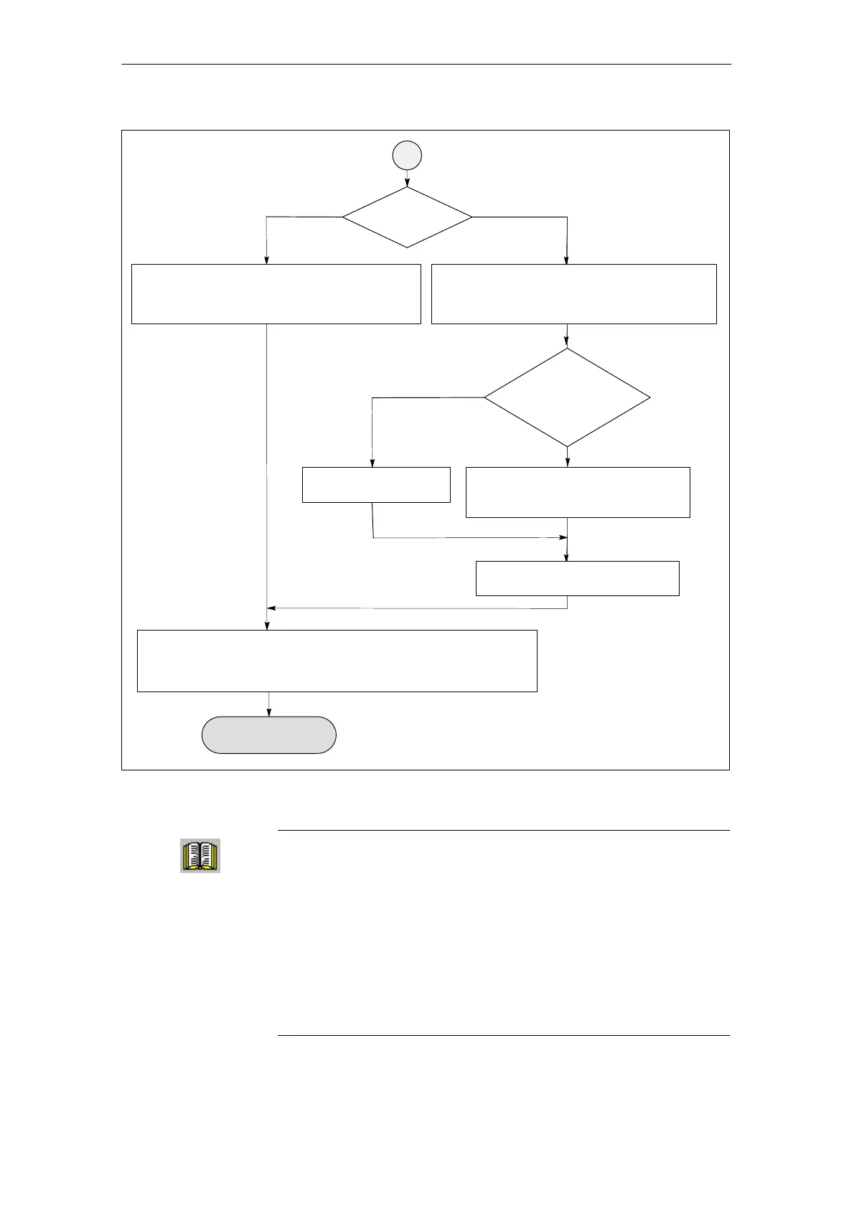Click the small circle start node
pyautogui.click(x=407, y=155)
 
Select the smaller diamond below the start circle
pyautogui.click(x=407, y=217)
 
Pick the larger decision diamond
pyautogui.click(x=567, y=397)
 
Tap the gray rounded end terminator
pyautogui.click(x=268, y=735)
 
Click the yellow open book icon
pyautogui.click(x=200, y=856)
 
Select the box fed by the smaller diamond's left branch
pyautogui.click(x=276, y=294)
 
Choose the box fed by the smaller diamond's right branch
pyautogui.click(x=573, y=294)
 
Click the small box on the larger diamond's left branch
pyautogui.click(x=376, y=485)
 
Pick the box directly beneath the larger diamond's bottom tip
pyautogui.click(x=578, y=492)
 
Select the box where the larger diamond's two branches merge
pyautogui.click(x=577, y=578)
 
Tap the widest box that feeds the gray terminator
pyautogui.click(x=337, y=661)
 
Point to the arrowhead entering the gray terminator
pyautogui.click(x=269, y=712)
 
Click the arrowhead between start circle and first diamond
pyautogui.click(x=407, y=184)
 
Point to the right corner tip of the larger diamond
pyautogui.click(x=649, y=397)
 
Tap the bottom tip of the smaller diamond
pyautogui.click(x=407, y=247)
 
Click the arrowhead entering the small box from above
pyautogui.click(x=372, y=463)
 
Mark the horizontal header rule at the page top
pyautogui.click(x=426, y=65)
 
